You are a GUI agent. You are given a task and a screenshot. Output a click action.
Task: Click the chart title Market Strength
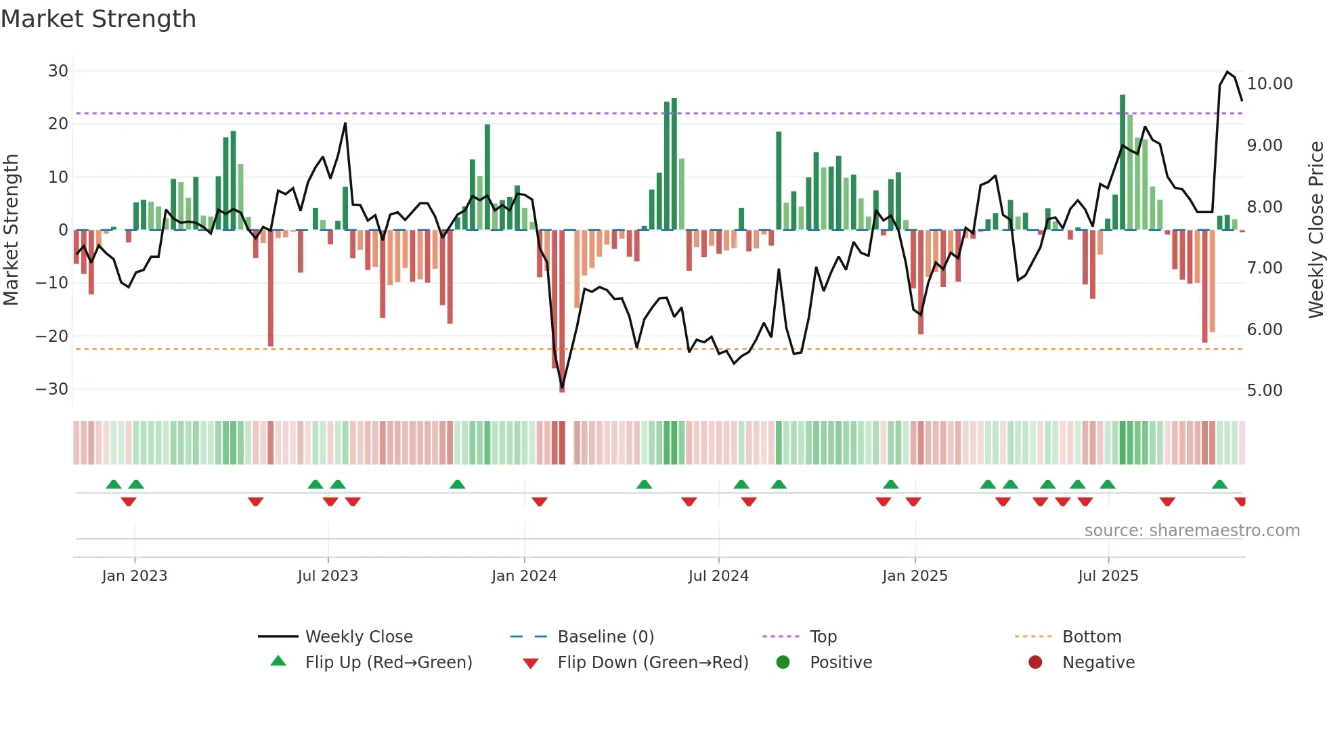click(98, 19)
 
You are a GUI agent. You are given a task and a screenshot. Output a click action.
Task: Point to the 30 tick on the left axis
click(58, 71)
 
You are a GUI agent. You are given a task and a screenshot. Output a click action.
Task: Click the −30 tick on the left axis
click(52, 389)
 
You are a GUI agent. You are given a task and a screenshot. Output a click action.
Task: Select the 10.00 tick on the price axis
click(1269, 84)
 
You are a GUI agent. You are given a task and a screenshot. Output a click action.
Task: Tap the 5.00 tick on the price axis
click(1264, 391)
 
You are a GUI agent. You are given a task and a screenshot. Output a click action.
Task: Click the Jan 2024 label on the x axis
click(524, 576)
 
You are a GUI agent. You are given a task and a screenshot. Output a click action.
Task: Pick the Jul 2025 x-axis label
click(1108, 576)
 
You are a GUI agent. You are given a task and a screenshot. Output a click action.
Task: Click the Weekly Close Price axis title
click(1315, 229)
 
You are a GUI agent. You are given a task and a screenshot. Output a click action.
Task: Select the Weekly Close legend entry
click(358, 637)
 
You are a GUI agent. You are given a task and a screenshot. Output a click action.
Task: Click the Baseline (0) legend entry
click(605, 637)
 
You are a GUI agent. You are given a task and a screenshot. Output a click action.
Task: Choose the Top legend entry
click(823, 637)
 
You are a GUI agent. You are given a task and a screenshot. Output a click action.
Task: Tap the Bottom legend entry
click(1091, 637)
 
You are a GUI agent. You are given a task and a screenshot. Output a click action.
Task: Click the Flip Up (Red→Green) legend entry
click(388, 663)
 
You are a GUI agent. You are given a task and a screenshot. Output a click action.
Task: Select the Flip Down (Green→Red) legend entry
click(652, 663)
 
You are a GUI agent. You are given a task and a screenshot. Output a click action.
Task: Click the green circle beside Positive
click(783, 663)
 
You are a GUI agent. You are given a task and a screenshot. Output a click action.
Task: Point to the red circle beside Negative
click(1035, 663)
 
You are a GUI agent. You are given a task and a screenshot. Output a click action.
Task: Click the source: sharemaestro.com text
click(1192, 531)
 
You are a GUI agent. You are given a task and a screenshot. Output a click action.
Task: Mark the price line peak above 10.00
click(1227, 72)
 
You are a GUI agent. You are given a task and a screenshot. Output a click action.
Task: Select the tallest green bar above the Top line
click(1123, 162)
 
